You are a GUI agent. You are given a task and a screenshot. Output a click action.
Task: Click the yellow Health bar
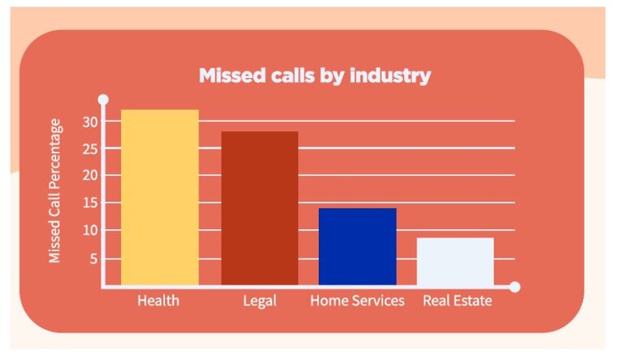159,197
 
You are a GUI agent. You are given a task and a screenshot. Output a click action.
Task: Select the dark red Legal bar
259,208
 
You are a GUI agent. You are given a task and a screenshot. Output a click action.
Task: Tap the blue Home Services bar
357,246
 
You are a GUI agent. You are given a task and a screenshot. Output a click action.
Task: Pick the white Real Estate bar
455,261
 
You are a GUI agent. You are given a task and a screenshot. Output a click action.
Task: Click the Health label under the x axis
159,301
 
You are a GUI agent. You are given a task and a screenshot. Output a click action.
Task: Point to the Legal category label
259,301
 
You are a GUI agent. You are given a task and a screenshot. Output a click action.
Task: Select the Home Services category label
357,301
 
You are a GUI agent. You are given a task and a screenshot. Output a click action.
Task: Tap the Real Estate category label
458,301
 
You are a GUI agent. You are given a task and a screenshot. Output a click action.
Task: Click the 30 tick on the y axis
89,122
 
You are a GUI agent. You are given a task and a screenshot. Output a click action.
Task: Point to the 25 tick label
89,149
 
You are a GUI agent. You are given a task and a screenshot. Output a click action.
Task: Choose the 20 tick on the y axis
89,176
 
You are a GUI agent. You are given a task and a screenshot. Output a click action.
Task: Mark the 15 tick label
89,203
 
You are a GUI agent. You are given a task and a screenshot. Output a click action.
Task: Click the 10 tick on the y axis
89,231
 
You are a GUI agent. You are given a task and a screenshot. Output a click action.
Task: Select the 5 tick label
93,258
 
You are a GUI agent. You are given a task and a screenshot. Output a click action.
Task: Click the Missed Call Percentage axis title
54,191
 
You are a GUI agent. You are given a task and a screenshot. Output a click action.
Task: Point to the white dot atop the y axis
103,100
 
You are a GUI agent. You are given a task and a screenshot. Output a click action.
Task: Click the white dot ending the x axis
515,287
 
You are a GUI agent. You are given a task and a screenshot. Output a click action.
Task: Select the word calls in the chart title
296,76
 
